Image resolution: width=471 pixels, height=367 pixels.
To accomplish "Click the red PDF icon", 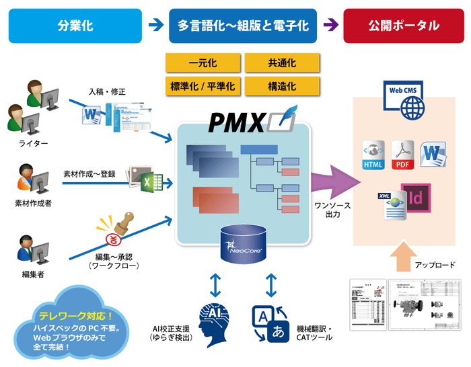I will pyautogui.click(x=402, y=155).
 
